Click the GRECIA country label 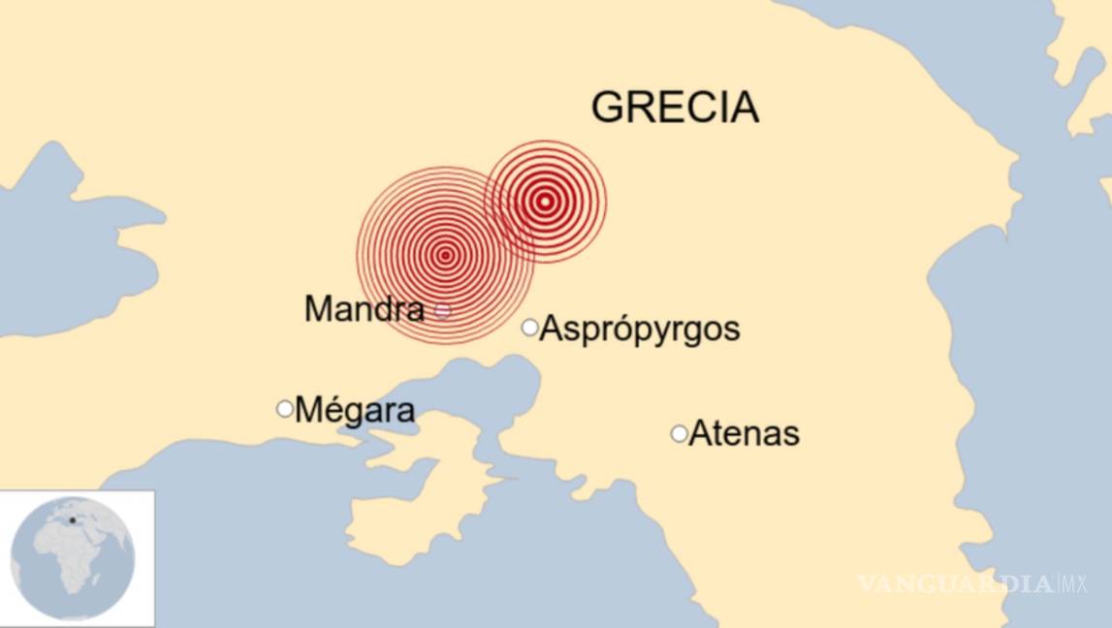[x=675, y=107]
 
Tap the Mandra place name [x=364, y=309]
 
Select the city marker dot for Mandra [x=443, y=311]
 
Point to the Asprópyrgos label [x=639, y=329]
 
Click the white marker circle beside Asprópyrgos [x=529, y=328]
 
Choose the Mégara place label [x=355, y=410]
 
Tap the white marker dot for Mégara [x=284, y=409]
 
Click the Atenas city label [x=744, y=433]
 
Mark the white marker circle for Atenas [x=679, y=433]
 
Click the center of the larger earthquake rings [x=445, y=255]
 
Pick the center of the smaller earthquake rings [x=545, y=202]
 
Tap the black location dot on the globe [x=72, y=520]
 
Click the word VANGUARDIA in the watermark [x=954, y=583]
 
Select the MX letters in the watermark [x=1072, y=583]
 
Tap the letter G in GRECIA [x=609, y=107]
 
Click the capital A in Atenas [x=699, y=433]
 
